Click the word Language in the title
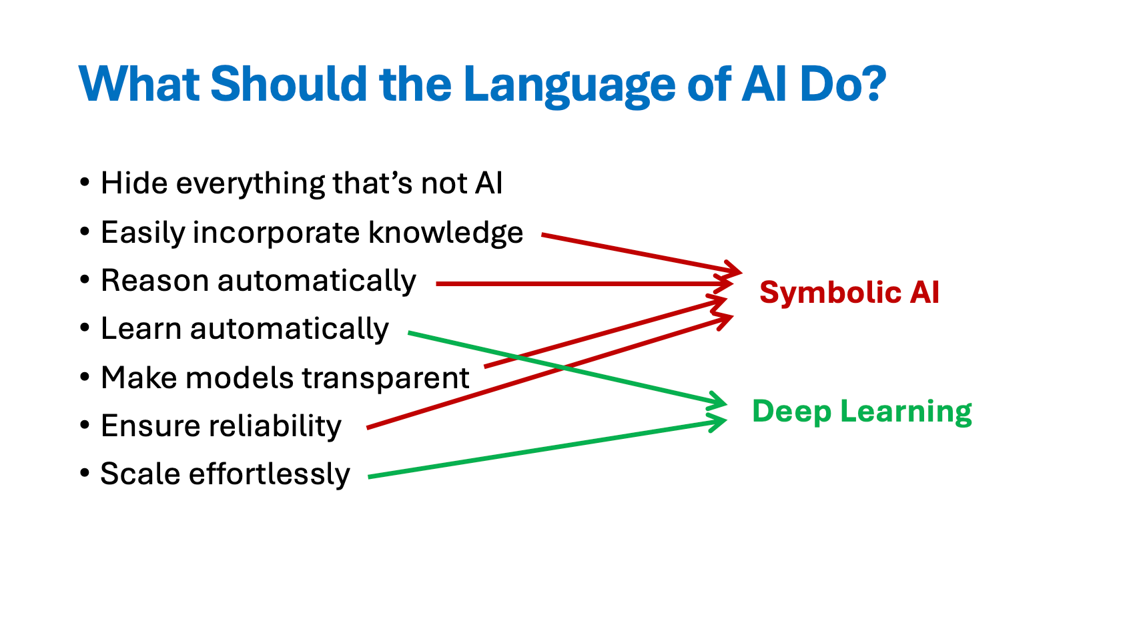[569, 85]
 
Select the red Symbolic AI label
[849, 292]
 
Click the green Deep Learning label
[861, 411]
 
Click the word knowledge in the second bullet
[445, 232]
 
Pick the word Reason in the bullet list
[155, 281]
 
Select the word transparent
[388, 378]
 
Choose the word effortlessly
[269, 474]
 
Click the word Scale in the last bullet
[140, 474]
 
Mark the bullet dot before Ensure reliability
[84, 425]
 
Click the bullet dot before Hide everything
[84, 182]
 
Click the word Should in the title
[288, 84]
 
